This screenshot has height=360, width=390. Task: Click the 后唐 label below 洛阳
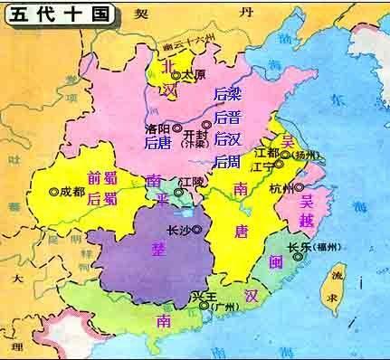158,143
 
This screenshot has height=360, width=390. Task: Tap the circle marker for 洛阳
176,128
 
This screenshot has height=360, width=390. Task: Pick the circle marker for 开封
206,123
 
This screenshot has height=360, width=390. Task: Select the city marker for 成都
54,191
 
